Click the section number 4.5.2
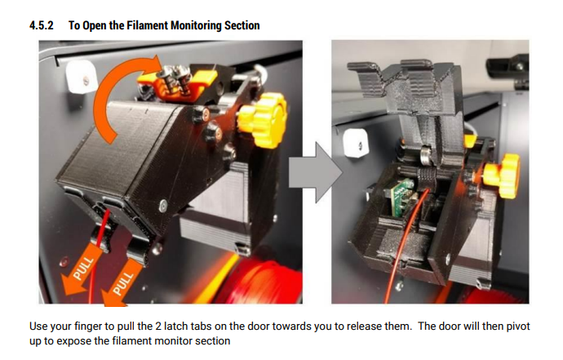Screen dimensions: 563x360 click(42, 25)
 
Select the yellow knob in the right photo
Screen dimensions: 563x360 click(502, 176)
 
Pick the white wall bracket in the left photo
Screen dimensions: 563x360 click(82, 77)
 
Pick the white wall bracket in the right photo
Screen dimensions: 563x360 click(356, 144)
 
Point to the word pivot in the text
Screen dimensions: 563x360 click(518, 327)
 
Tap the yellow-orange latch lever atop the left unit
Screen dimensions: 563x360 click(178, 81)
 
